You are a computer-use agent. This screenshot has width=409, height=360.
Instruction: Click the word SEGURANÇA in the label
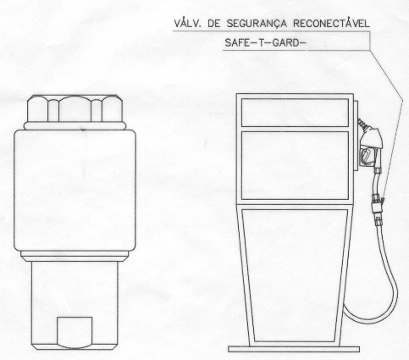coord(257,24)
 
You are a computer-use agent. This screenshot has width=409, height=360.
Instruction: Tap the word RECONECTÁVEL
coord(331,23)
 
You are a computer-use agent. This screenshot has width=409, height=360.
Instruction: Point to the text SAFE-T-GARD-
coord(265,43)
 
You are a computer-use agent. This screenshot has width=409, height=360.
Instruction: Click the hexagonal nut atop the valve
coord(75,108)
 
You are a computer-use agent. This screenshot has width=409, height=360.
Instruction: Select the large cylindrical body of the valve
coord(75,190)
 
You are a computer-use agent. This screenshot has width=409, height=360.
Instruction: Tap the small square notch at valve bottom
coord(75,332)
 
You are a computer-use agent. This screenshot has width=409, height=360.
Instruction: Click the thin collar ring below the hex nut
coord(75,125)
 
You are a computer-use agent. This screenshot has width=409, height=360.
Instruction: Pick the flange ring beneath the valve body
coord(75,256)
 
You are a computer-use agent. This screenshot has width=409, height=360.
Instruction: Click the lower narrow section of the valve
coord(75,306)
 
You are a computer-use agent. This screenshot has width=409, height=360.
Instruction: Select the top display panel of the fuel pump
coord(295,113)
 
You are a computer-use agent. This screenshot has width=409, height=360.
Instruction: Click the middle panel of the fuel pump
coord(295,165)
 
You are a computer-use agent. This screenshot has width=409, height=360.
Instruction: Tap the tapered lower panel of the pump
coord(295,275)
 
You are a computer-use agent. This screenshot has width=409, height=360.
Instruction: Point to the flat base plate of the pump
coord(294,349)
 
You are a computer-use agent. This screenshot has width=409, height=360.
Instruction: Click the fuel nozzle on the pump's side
coord(371,147)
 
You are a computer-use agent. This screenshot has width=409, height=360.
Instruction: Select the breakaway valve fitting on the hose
coord(377,208)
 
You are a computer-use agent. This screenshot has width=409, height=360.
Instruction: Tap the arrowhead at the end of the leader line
coord(382,200)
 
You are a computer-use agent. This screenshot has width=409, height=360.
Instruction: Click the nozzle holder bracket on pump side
coord(356,136)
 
